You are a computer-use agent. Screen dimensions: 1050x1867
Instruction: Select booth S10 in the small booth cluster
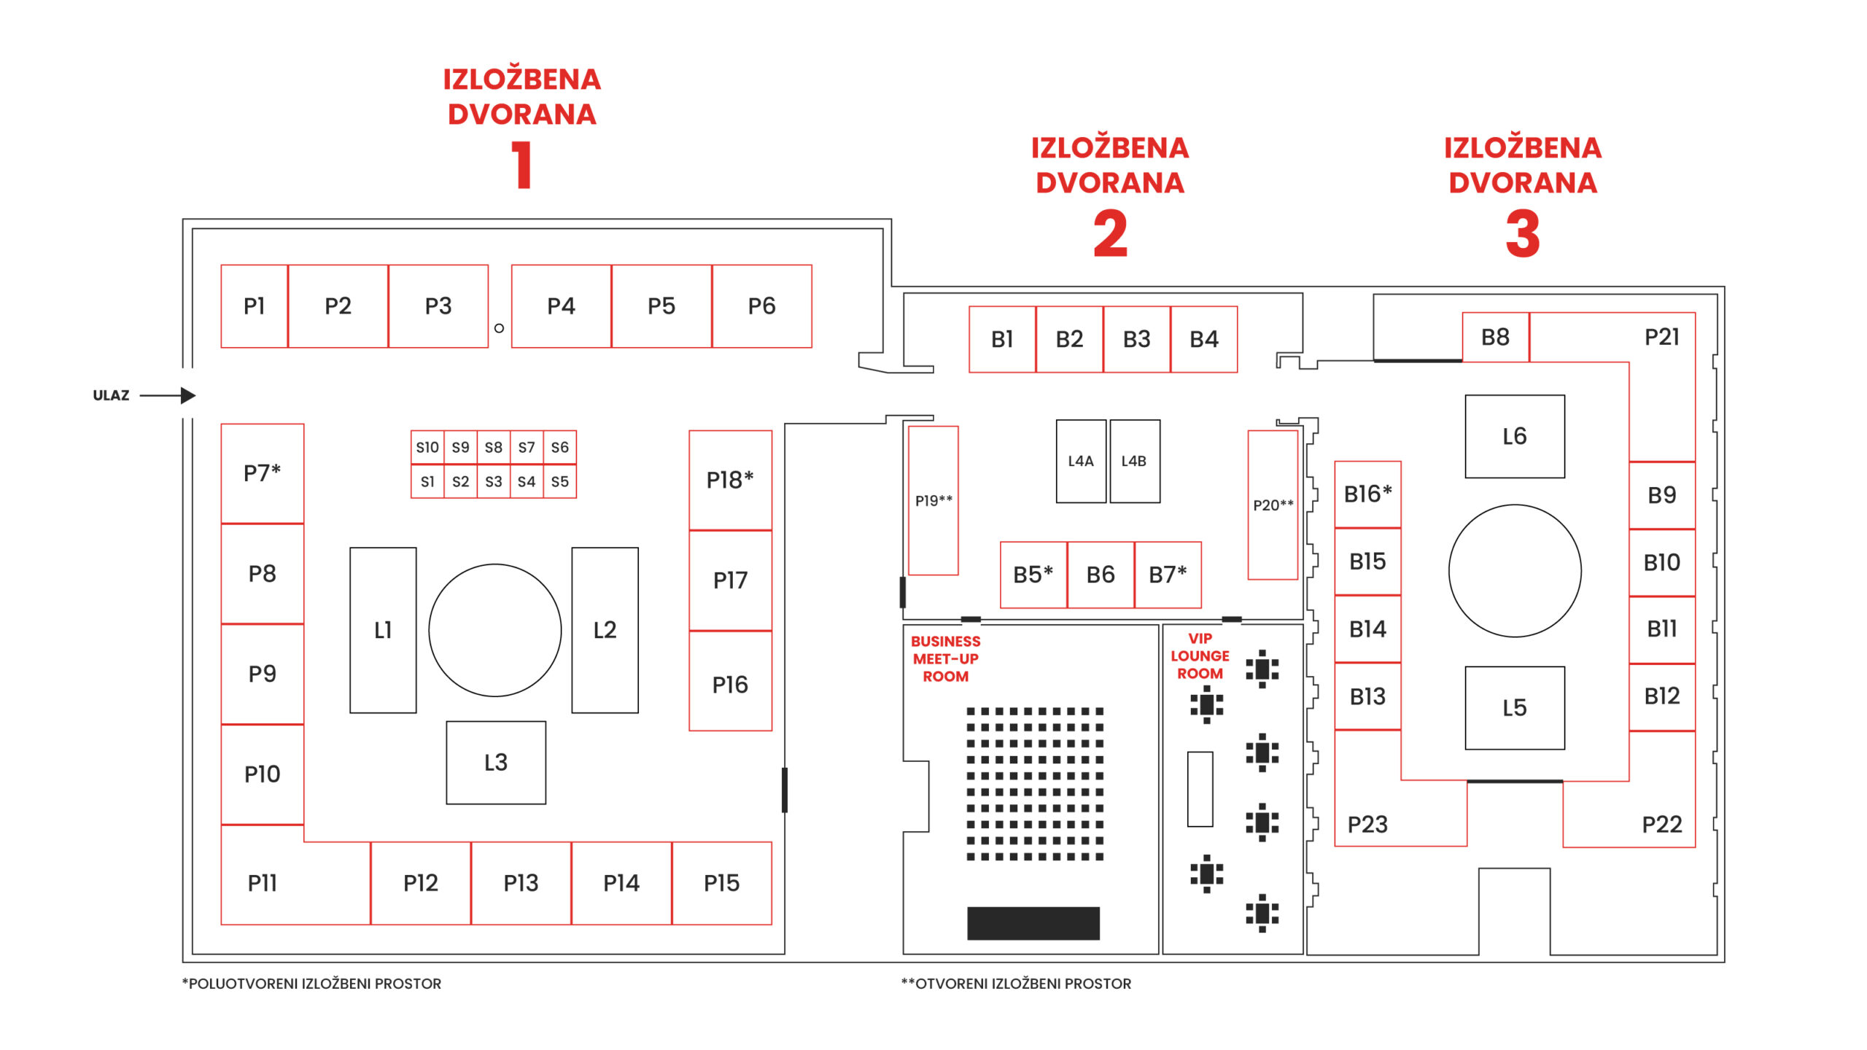(427, 447)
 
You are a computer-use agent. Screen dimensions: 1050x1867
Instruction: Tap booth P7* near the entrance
(263, 473)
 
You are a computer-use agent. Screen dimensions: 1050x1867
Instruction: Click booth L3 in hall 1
(496, 763)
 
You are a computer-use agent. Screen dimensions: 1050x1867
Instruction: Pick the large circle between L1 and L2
(495, 630)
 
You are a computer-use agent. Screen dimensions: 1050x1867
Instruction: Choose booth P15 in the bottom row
(721, 883)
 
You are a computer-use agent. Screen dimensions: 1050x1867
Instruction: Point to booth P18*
(730, 480)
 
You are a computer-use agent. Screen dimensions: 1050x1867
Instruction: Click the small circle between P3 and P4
(499, 328)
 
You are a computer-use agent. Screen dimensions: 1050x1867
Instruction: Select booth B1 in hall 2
(1002, 339)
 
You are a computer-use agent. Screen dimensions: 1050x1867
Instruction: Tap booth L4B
(1134, 461)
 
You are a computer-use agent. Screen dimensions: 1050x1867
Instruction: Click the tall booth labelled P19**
(933, 500)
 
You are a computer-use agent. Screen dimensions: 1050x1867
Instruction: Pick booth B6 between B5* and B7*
(1101, 575)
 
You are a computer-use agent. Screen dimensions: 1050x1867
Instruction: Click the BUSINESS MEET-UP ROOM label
(945, 658)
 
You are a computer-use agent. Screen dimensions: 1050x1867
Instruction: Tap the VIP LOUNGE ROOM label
(1200, 656)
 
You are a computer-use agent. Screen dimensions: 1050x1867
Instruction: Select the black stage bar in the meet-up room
(1033, 922)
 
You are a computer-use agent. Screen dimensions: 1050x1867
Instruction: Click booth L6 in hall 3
(1515, 436)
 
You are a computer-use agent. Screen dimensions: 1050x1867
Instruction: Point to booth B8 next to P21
(1495, 337)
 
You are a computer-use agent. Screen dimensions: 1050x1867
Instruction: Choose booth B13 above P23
(1367, 696)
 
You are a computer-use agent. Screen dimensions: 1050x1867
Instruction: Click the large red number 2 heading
(1110, 234)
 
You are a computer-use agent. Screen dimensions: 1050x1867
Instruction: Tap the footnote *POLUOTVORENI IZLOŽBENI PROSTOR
(311, 984)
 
